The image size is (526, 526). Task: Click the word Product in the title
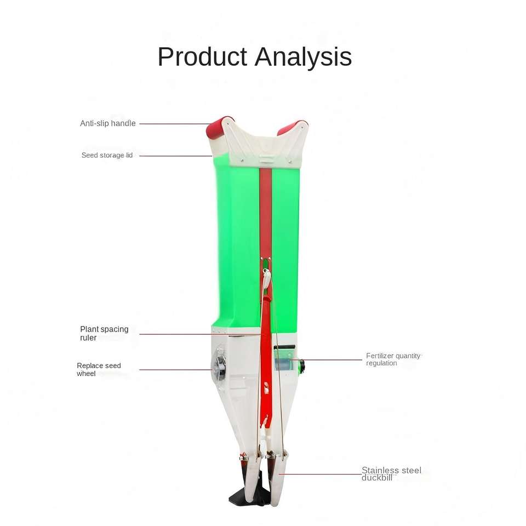click(x=202, y=58)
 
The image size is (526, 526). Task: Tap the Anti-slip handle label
click(x=108, y=123)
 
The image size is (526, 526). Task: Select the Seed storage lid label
click(x=107, y=155)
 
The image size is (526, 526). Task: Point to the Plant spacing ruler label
click(x=104, y=333)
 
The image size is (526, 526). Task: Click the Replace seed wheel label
click(x=99, y=369)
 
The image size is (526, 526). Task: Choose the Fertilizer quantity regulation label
click(x=393, y=359)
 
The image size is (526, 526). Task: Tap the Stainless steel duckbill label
click(x=391, y=474)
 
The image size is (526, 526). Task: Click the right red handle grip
click(x=292, y=127)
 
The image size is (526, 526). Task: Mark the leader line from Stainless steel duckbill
click(x=323, y=474)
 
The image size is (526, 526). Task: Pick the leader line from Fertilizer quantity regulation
click(x=334, y=360)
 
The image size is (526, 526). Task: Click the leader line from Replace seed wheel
click(x=175, y=369)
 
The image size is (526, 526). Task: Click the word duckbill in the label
click(x=377, y=478)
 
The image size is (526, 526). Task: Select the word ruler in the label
click(x=88, y=338)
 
